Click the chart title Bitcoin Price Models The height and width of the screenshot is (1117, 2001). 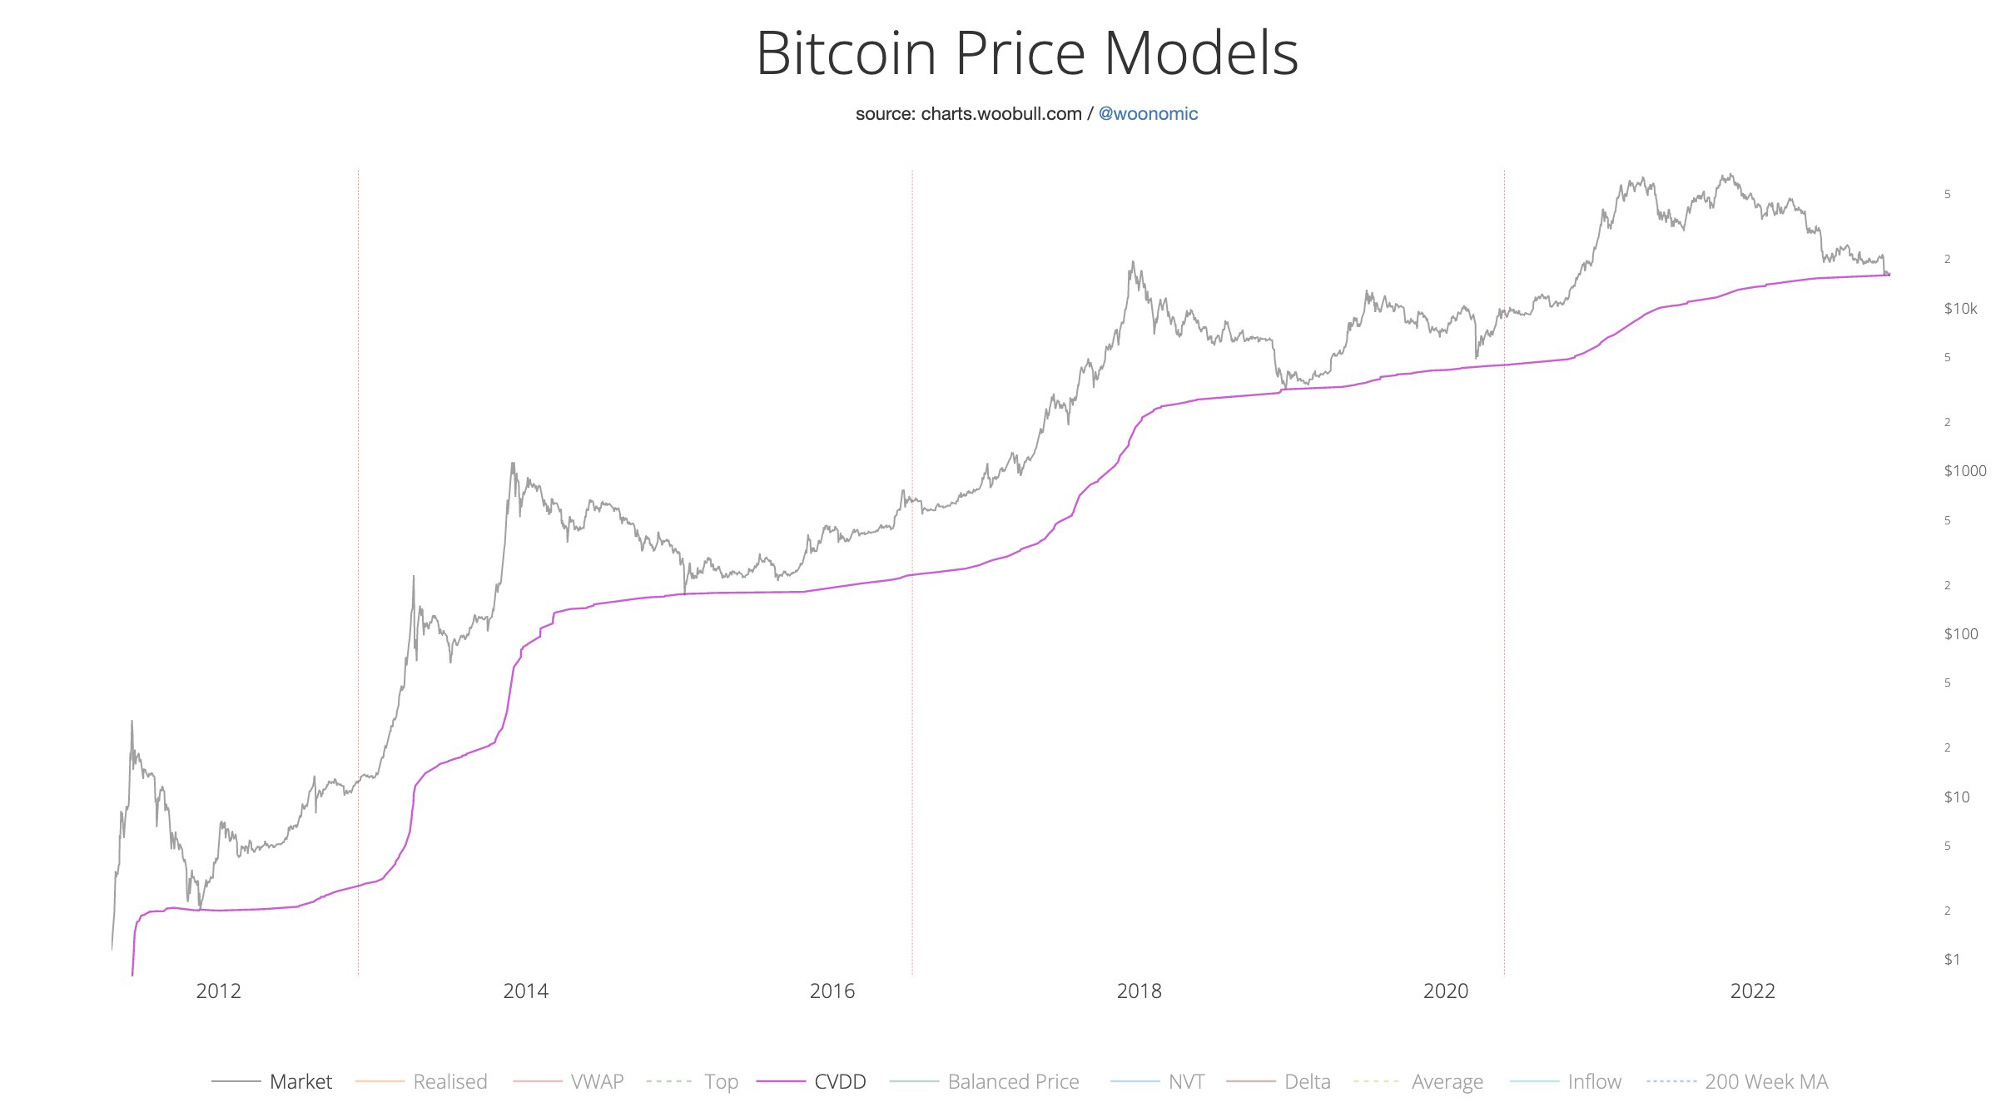(x=1026, y=54)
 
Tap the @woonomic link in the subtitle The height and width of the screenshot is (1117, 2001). (x=1148, y=114)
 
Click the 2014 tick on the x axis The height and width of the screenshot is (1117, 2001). (x=525, y=990)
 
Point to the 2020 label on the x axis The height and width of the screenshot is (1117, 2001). (x=1446, y=990)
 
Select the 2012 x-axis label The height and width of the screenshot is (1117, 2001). (x=218, y=990)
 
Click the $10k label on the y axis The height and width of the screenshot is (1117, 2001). (x=1960, y=309)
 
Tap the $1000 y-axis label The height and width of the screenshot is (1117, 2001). (x=1964, y=471)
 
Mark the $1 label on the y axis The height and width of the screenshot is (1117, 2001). (x=1951, y=960)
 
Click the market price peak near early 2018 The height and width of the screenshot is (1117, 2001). (x=1132, y=263)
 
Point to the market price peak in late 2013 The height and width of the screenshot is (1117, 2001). (x=513, y=464)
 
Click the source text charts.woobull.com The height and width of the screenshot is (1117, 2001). (x=1000, y=114)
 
